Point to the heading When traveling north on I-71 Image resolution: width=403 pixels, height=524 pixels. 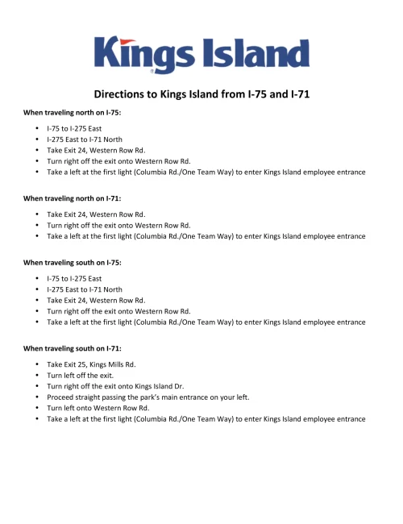tap(73, 198)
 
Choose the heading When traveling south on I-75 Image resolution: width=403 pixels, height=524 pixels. tap(73, 262)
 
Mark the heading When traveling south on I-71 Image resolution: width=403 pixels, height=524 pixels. tap(73, 348)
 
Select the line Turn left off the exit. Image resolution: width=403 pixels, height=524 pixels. tap(81, 376)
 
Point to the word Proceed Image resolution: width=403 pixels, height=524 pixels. tap(61, 397)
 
